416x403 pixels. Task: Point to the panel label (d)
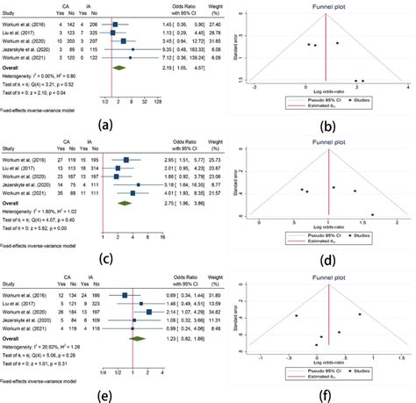point(329,259)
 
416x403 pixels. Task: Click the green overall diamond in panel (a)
point(120,66)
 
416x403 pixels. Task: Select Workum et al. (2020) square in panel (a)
point(124,41)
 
